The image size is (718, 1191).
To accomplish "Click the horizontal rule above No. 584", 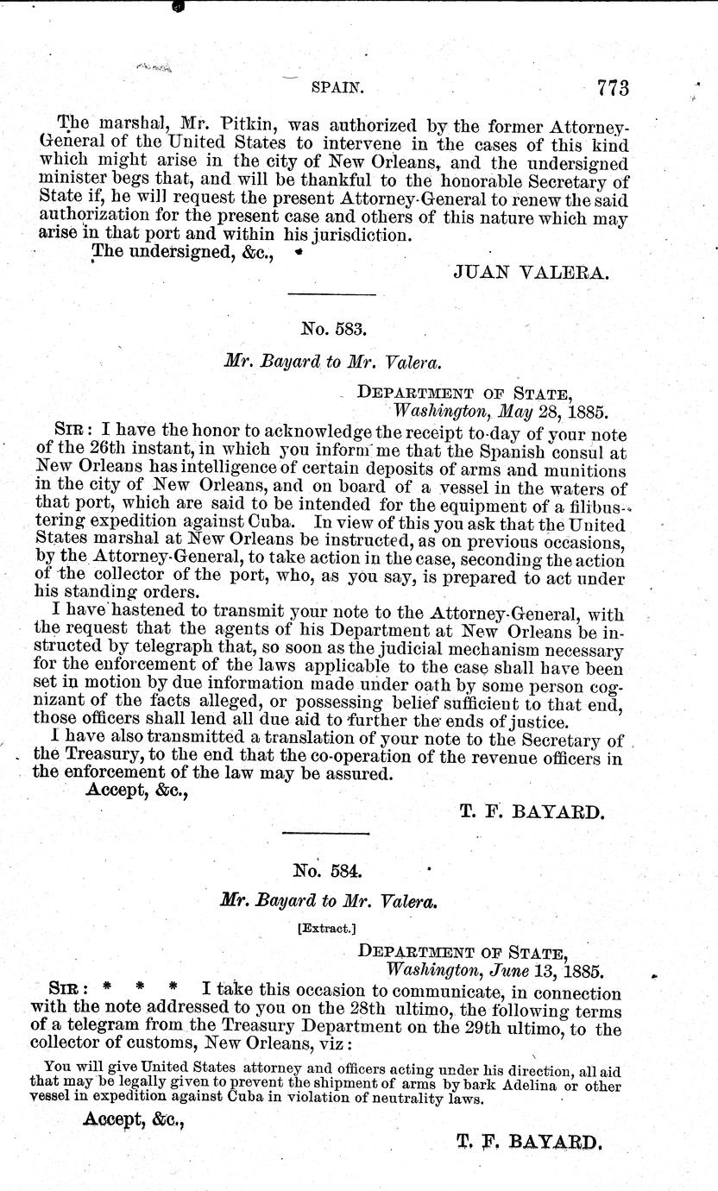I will pyautogui.click(x=325, y=833).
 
